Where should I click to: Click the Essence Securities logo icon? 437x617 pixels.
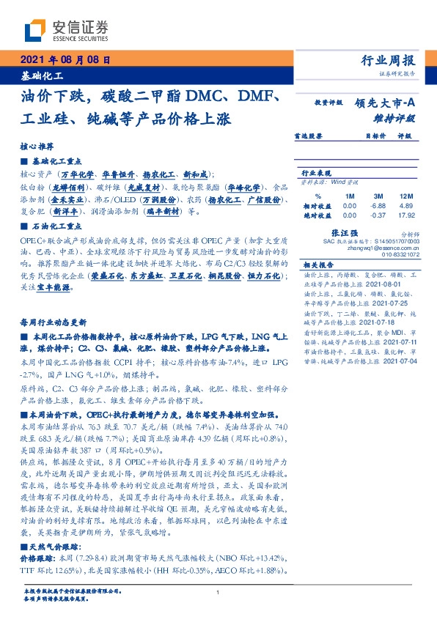tap(37, 30)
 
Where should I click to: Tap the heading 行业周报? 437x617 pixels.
tap(388, 60)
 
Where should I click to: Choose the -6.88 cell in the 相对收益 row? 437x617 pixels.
tap(379, 207)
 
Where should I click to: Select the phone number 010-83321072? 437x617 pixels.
tap(399, 254)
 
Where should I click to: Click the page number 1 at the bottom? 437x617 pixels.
tap(218, 593)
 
